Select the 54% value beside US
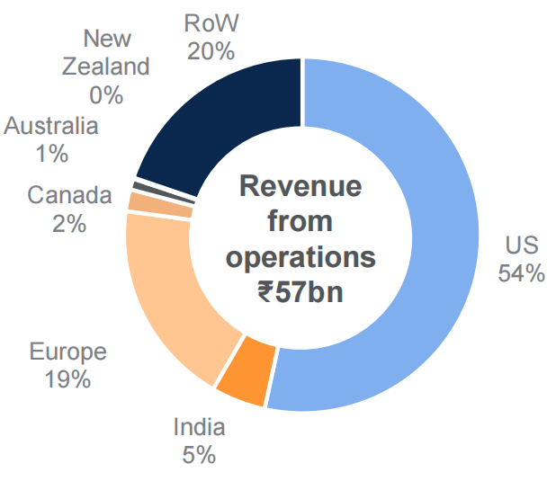point(521,273)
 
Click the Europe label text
point(67,352)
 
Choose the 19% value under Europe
point(67,379)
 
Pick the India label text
point(199,427)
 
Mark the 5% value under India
point(199,455)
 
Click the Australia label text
point(50,126)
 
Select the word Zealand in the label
point(106,66)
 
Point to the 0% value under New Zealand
point(106,93)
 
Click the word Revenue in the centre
point(300,186)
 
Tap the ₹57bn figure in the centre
point(300,292)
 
